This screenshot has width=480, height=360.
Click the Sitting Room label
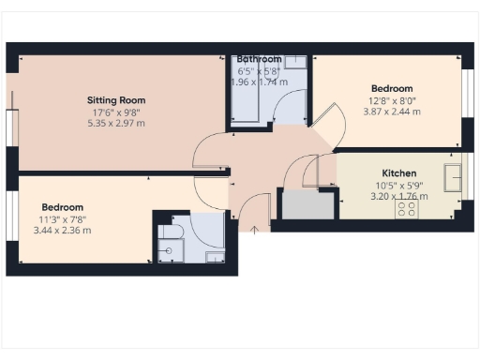pos(116,100)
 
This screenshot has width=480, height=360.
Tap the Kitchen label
pos(399,173)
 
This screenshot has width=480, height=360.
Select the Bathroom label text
pos(260,59)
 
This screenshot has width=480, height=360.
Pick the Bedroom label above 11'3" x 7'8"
pos(63,207)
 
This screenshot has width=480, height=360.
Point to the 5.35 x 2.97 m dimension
pos(116,123)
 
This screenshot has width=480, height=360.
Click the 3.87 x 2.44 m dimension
pos(393,112)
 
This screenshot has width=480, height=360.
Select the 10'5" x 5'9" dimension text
pos(399,186)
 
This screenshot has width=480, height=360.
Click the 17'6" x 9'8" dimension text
pos(116,112)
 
